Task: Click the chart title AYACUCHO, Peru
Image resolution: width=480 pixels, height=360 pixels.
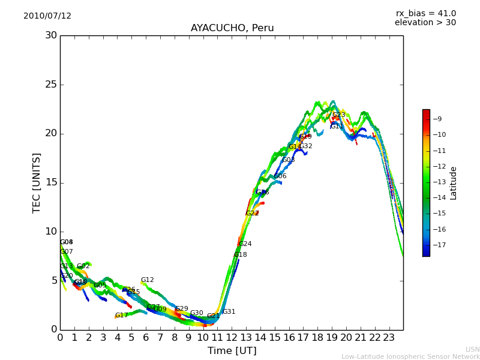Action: click(232, 28)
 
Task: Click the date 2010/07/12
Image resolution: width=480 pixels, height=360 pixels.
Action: click(47, 16)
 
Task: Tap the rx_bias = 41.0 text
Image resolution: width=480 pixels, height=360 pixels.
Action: click(425, 14)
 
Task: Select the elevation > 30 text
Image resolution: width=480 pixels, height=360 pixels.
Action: click(425, 23)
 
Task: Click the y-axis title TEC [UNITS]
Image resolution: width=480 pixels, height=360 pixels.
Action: click(37, 182)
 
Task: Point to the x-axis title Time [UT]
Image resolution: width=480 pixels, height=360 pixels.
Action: click(232, 351)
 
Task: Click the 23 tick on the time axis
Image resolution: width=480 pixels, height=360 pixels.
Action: click(389, 337)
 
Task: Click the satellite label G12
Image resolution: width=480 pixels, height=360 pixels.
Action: click(148, 280)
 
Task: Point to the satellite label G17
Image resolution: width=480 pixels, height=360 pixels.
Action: click(122, 316)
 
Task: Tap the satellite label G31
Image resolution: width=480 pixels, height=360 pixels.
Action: click(229, 312)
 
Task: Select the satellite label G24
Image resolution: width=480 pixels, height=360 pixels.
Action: click(245, 244)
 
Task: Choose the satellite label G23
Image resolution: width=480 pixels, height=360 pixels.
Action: click(339, 115)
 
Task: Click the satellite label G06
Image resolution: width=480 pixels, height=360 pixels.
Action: click(280, 176)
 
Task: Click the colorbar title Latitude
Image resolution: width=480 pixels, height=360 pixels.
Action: click(454, 183)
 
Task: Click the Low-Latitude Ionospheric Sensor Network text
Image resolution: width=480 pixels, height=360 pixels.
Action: click(410, 357)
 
